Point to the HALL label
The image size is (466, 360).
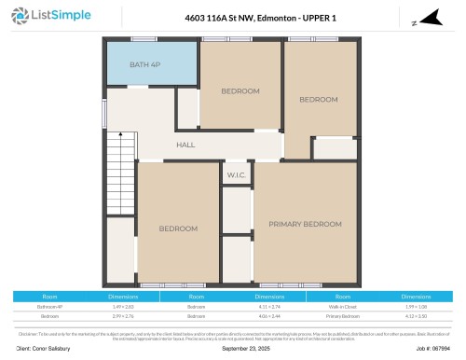(x=186, y=145)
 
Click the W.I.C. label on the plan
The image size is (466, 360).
(x=236, y=174)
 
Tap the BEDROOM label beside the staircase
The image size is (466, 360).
(x=177, y=228)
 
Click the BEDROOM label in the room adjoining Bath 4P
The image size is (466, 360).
(x=240, y=90)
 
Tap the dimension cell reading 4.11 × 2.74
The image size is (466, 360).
(x=268, y=306)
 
